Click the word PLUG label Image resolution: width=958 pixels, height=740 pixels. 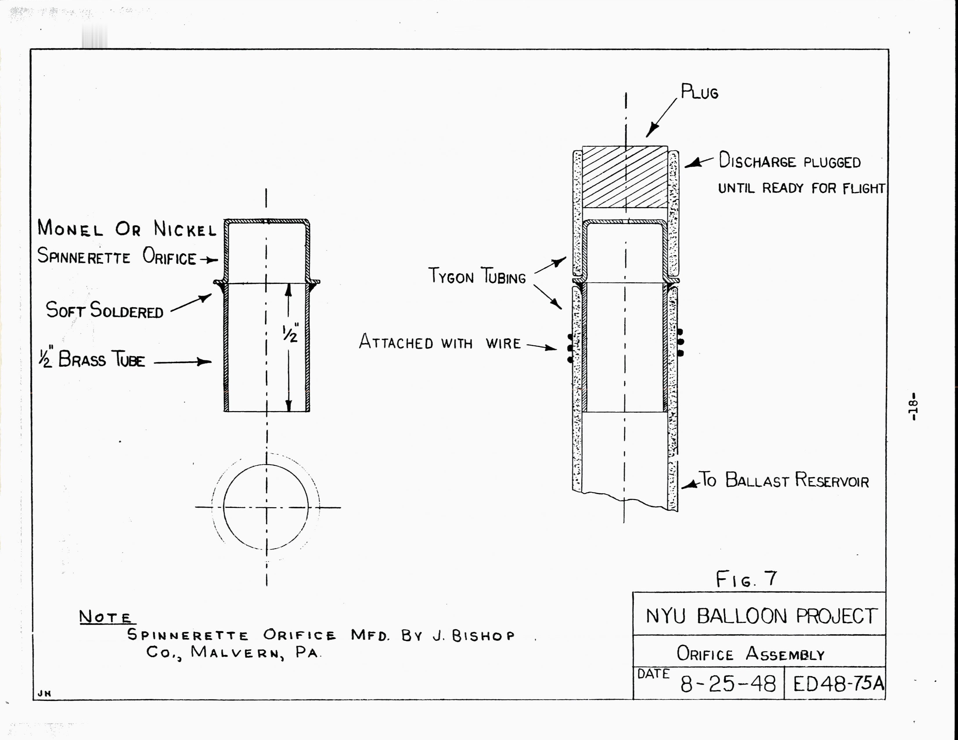699,92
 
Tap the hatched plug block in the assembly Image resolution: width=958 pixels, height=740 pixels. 625,177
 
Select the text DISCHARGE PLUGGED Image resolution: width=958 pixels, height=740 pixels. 790,161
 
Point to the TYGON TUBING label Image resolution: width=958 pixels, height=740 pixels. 477,276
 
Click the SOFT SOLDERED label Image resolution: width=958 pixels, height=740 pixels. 105,311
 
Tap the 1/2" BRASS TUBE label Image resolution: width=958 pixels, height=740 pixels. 92,360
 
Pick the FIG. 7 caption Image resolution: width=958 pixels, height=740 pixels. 746,579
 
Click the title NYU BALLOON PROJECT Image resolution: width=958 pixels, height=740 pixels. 761,616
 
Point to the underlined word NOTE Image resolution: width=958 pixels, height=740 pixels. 105,617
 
